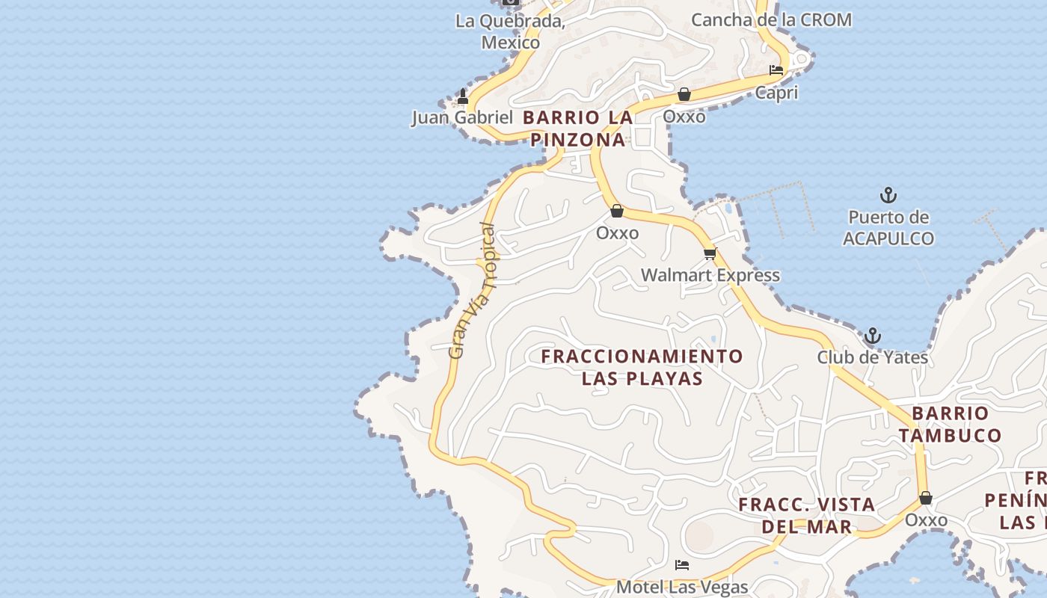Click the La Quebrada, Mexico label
(510, 32)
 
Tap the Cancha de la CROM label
(770, 20)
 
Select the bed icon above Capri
(776, 70)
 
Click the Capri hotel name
(776, 93)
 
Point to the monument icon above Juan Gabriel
(462, 96)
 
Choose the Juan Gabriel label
(462, 117)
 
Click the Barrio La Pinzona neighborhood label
(577, 129)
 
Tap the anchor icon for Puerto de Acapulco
(888, 196)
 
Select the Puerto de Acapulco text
(888, 228)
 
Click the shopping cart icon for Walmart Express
(710, 254)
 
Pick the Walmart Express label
(710, 275)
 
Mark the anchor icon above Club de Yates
(872, 336)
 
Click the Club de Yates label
(872, 357)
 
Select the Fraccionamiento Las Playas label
(642, 367)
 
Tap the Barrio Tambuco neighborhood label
(950, 424)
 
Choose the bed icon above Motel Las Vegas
(681, 565)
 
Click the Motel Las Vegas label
(681, 587)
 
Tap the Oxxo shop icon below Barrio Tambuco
(926, 498)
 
